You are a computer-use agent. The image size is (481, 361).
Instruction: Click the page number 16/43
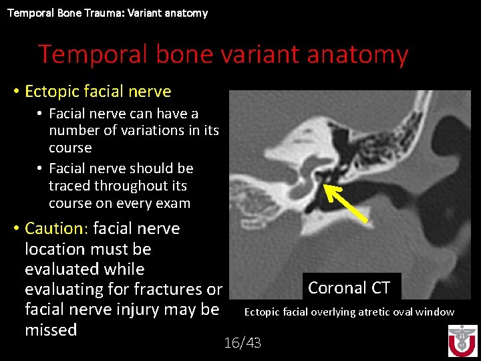coord(243,343)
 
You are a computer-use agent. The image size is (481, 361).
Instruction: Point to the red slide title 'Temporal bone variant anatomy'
coord(222,54)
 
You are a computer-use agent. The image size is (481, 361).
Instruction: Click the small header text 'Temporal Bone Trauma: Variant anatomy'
coord(108,13)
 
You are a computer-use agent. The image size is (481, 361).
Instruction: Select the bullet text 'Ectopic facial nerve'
coord(98,92)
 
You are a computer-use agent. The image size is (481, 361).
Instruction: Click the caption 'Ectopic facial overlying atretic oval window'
coord(349,312)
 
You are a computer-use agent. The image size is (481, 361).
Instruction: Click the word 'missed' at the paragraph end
coord(51,330)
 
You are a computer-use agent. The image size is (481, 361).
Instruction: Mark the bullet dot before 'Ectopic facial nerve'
coord(15,92)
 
